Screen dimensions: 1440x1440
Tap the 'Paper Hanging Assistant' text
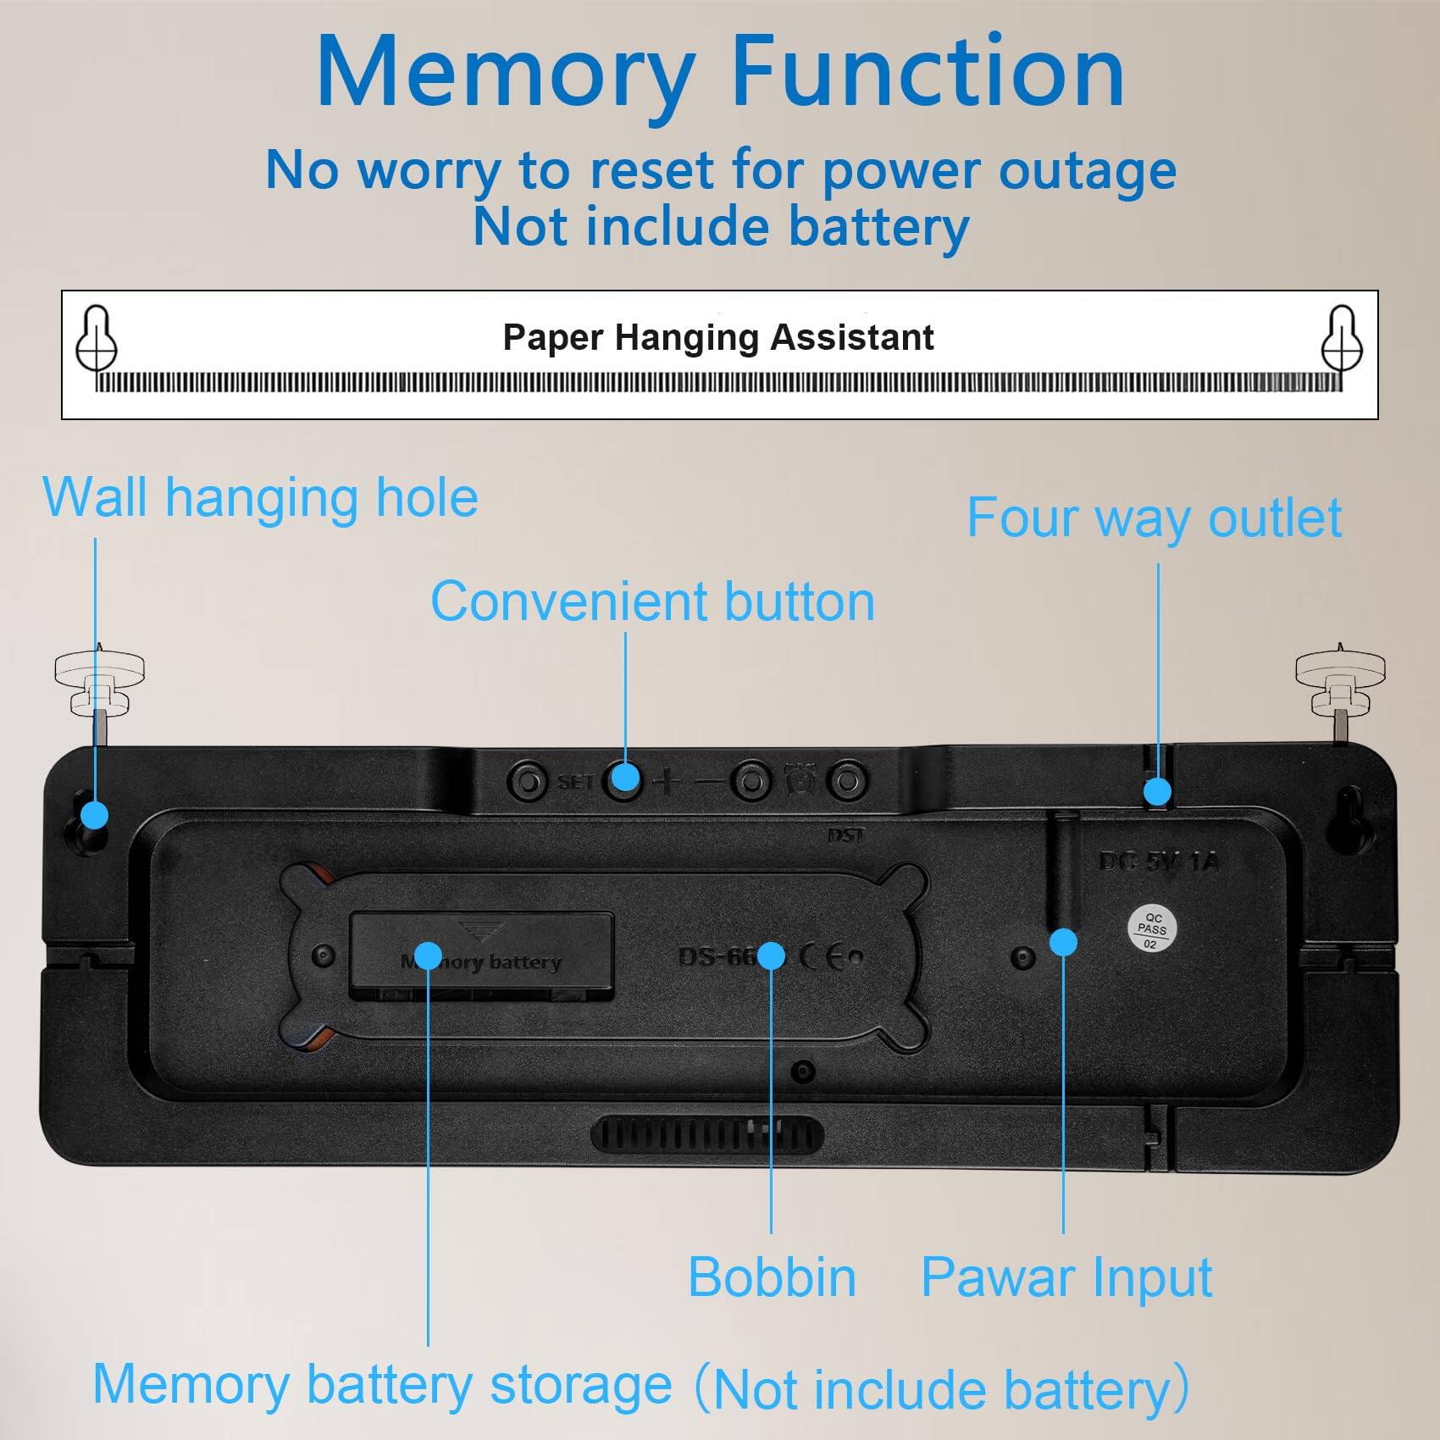[718, 337]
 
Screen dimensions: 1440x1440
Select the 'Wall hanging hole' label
[260, 497]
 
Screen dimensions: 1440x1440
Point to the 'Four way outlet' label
[1154, 518]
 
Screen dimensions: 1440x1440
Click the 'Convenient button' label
[652, 602]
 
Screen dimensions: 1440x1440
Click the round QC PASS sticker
[1152, 929]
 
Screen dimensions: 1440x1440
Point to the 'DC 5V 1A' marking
[1158, 862]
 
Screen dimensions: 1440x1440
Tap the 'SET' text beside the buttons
[575, 782]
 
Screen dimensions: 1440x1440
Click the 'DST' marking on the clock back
[845, 835]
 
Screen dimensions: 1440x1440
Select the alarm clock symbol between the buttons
[800, 779]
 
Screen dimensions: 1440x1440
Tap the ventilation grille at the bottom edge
[706, 1133]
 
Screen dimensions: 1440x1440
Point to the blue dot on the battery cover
[429, 955]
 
